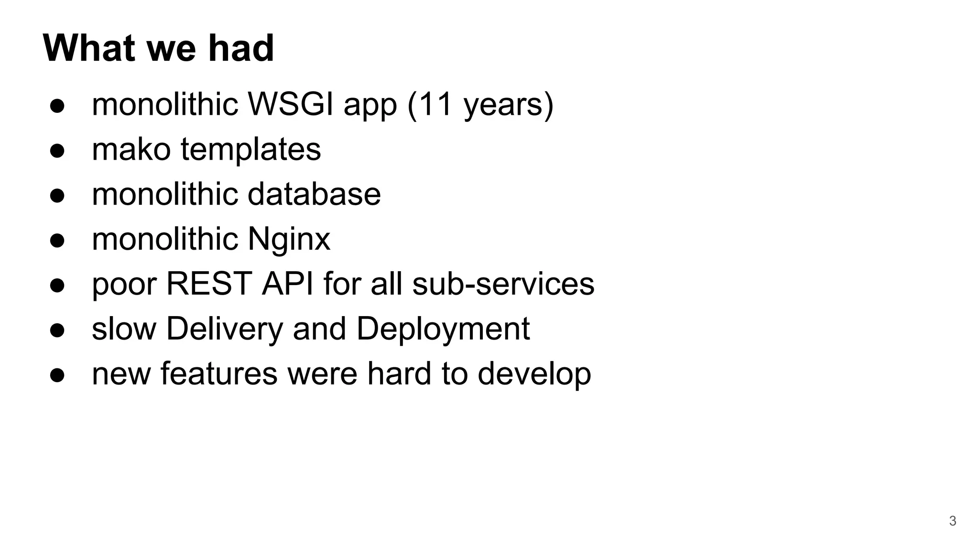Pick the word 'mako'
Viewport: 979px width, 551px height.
pyautogui.click(x=131, y=149)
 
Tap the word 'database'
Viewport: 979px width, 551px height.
pyautogui.click(x=314, y=194)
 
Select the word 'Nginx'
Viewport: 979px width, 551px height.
pyautogui.click(x=289, y=240)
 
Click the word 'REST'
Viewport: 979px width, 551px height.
pyautogui.click(x=209, y=284)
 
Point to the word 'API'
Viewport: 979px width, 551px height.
pyautogui.click(x=288, y=284)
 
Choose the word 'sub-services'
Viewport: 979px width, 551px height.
pyautogui.click(x=503, y=284)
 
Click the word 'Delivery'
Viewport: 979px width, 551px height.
pyautogui.click(x=225, y=330)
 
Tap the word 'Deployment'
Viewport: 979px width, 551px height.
pyautogui.click(x=443, y=330)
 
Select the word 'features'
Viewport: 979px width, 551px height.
pyautogui.click(x=218, y=374)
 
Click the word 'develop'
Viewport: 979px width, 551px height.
pyautogui.click(x=534, y=375)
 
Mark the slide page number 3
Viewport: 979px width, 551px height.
pyautogui.click(x=952, y=521)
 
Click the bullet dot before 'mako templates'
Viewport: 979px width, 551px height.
pyautogui.click(x=57, y=150)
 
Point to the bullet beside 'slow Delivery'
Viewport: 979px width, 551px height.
pyautogui.click(x=57, y=330)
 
